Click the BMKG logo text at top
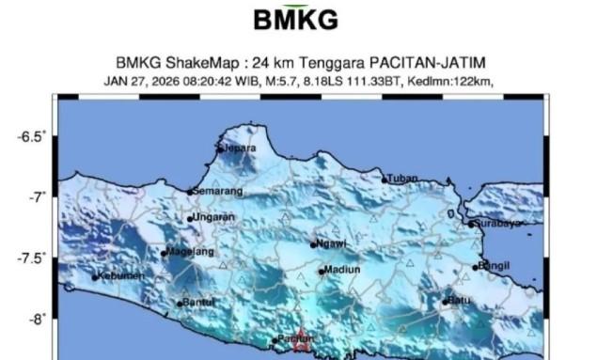(x=296, y=20)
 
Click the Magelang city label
(x=191, y=251)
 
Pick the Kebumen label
(x=122, y=275)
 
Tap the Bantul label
(x=198, y=302)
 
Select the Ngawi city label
(x=332, y=243)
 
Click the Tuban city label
(x=401, y=178)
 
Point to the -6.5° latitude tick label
(x=31, y=137)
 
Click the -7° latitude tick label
(x=36, y=196)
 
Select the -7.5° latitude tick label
(x=31, y=258)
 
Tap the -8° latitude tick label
(x=36, y=319)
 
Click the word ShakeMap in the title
(x=207, y=63)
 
